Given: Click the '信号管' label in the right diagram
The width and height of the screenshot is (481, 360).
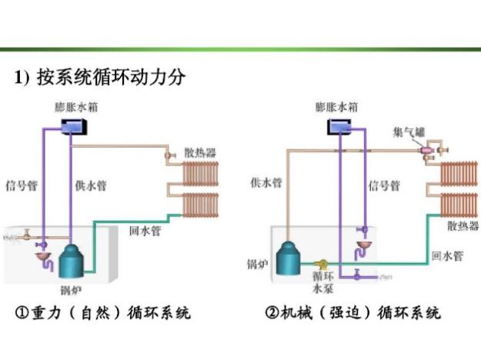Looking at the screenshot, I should point(384,186).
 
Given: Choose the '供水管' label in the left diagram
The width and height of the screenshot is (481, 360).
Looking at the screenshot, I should point(91,185).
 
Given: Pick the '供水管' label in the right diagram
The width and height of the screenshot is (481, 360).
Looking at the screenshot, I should point(266,182).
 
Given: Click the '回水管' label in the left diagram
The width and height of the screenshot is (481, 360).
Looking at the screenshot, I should point(145,230).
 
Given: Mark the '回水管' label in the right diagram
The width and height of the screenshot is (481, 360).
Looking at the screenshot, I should point(446,255).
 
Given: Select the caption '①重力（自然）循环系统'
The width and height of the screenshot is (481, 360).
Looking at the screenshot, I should point(105,314).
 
